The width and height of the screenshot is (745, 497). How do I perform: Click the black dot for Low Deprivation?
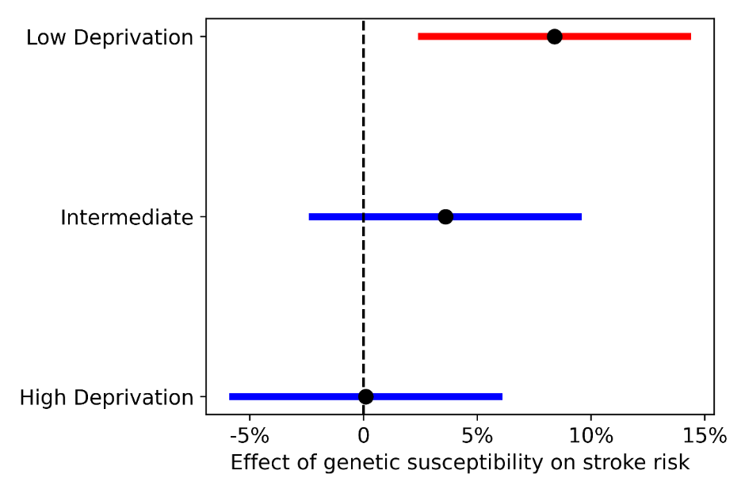(554, 36)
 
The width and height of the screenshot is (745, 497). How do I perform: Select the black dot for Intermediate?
(445, 216)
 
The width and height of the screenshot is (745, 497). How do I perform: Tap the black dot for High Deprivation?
(365, 396)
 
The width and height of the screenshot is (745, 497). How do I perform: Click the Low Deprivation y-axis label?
(109, 37)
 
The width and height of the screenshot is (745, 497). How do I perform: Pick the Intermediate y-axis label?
(127, 218)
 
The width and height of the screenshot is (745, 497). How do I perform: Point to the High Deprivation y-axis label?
(106, 398)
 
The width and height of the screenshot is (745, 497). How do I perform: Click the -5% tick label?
(250, 435)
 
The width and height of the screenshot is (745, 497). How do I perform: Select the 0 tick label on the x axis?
(364, 435)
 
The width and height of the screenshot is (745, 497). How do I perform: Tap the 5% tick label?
(477, 435)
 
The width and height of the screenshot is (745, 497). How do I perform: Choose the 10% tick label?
(591, 435)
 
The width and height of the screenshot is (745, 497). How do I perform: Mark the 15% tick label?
(705, 435)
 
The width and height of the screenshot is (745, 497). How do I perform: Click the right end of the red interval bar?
(691, 36)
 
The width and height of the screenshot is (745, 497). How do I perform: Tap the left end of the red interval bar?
(418, 36)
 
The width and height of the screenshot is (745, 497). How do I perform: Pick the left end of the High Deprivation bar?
(230, 396)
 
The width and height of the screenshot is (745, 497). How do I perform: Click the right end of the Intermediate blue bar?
(581, 216)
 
